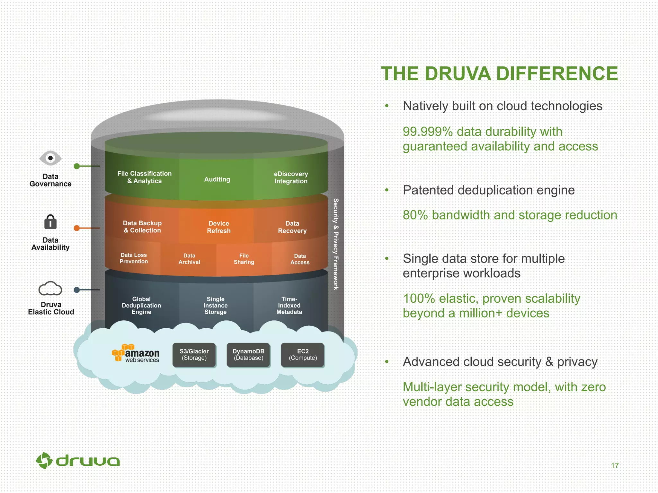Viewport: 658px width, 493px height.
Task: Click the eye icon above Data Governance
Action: click(50, 158)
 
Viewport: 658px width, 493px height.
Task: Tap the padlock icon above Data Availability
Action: click(50, 222)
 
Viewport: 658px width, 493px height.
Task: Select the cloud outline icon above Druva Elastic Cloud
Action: click(50, 289)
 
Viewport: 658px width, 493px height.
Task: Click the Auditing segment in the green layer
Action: click(217, 179)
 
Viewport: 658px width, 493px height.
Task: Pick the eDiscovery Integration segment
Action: click(291, 177)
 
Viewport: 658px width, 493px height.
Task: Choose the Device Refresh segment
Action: click(218, 227)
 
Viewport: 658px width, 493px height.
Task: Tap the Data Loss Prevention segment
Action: click(134, 258)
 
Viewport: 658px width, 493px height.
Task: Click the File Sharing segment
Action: click(244, 259)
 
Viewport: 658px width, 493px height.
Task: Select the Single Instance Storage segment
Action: click(216, 305)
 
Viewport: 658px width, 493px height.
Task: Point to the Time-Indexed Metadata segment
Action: click(289, 305)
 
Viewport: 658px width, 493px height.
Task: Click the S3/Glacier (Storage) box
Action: click(194, 355)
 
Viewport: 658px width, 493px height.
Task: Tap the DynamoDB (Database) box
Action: click(248, 355)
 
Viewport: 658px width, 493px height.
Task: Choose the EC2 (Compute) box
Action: click(303, 355)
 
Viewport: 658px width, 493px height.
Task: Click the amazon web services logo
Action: click(136, 353)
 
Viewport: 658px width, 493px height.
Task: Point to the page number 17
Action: click(615, 465)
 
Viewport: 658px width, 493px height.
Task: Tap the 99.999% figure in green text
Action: click(428, 132)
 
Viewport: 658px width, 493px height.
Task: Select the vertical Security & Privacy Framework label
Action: click(336, 244)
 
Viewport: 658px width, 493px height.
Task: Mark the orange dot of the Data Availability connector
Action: click(77, 228)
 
